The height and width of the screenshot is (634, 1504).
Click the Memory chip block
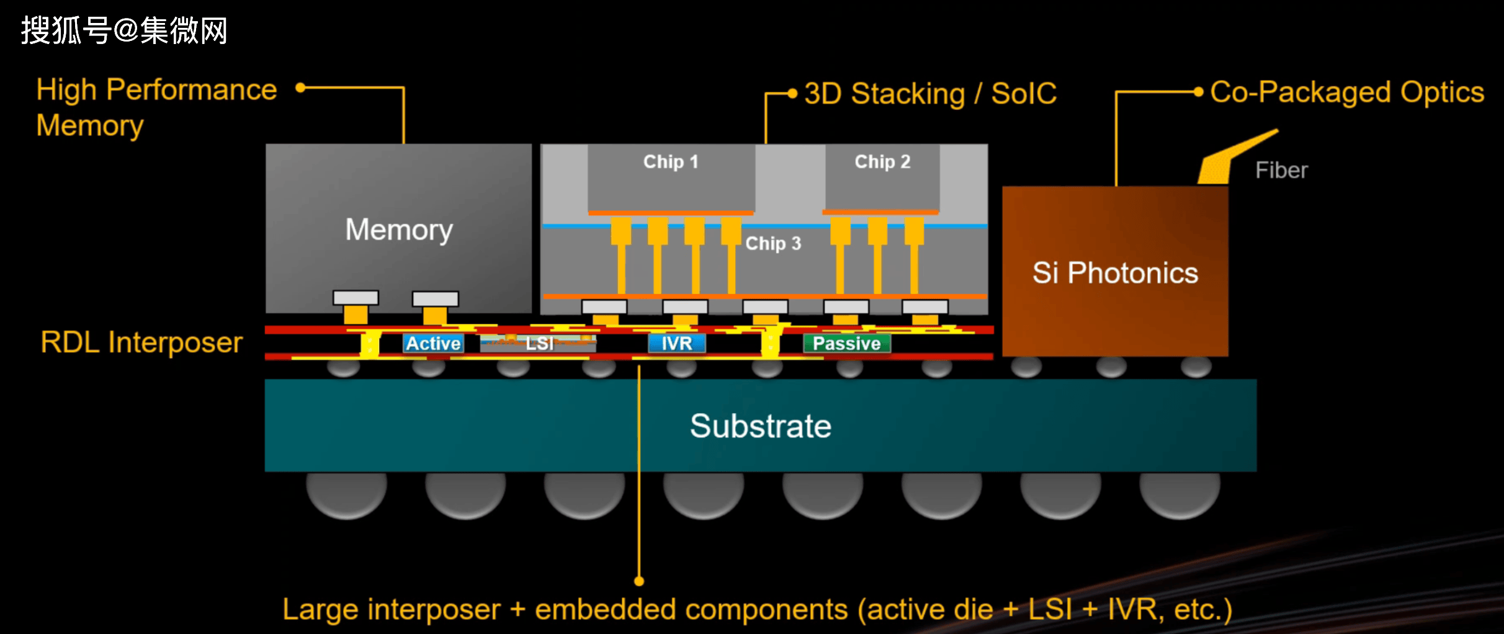point(398,228)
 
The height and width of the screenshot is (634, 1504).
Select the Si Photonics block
point(1115,272)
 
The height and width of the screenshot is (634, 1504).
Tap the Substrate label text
point(761,426)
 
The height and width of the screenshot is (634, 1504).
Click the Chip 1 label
point(671,162)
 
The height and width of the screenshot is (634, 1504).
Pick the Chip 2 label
point(882,162)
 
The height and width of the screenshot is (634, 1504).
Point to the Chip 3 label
point(773,243)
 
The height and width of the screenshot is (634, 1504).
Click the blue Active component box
point(433,343)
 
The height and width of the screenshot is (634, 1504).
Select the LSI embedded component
point(538,343)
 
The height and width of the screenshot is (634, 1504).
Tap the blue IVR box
point(676,343)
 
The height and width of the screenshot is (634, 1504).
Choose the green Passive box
point(847,343)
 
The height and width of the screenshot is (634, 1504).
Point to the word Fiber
point(1281,170)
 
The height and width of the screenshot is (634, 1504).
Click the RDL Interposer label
point(141,342)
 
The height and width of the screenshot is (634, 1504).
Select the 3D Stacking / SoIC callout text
point(930,94)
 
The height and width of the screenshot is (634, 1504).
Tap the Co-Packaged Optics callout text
point(1347,92)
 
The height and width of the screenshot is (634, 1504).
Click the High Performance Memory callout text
point(156,107)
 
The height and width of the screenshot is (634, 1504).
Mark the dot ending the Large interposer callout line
point(639,581)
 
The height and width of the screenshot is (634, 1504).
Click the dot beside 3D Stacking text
point(792,94)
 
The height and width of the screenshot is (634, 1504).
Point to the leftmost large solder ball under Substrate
point(346,494)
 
